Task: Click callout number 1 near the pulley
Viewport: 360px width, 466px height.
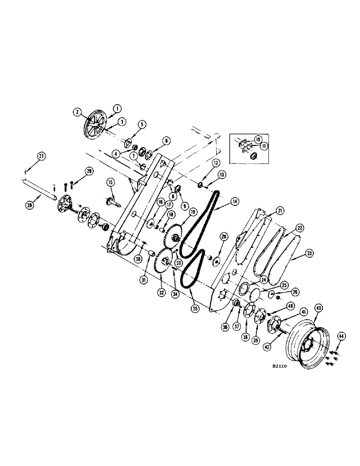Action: click(116, 108)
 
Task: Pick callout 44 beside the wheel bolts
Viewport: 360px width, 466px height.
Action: click(341, 336)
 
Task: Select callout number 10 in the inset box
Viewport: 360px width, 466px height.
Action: click(257, 139)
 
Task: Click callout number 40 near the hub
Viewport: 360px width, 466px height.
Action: click(291, 306)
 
